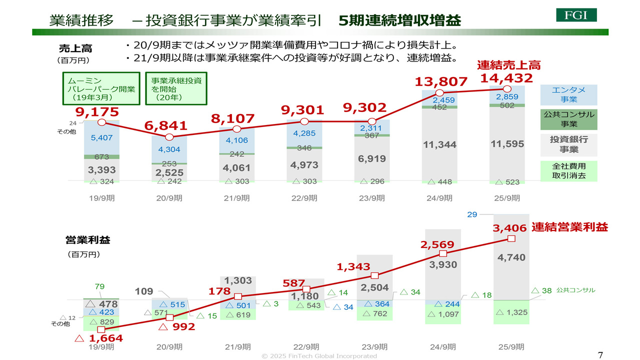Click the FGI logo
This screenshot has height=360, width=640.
point(576,14)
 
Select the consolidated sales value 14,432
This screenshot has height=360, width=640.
point(506,78)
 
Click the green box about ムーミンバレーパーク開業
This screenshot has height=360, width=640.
point(100,88)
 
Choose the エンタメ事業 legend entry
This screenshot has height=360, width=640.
point(568,94)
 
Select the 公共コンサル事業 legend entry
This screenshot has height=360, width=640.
point(568,119)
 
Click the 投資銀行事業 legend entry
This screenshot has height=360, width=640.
point(568,144)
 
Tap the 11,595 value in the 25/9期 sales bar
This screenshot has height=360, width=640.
point(507,144)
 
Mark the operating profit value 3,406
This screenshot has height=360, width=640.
point(509,228)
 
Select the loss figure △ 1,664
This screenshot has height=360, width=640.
point(98,338)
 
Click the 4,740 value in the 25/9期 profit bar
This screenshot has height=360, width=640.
point(511,257)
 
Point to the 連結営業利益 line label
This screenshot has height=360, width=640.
point(569,227)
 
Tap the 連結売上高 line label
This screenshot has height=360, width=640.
point(508,65)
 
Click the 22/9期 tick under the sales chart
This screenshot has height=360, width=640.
point(304,198)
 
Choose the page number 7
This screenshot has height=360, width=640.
point(600,355)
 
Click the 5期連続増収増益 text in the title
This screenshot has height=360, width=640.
point(399,20)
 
